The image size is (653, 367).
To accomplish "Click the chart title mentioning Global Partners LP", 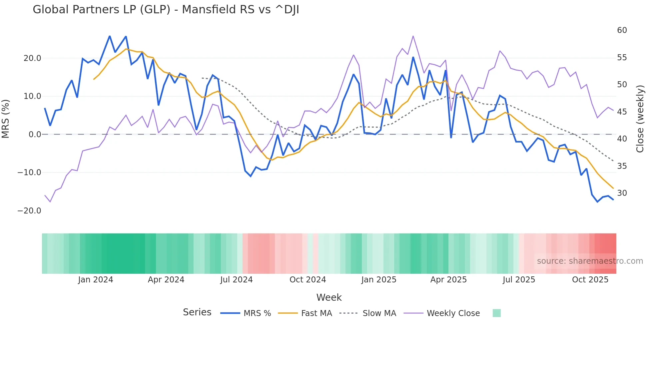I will tap(166, 9).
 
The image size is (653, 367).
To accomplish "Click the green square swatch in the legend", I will tap(496, 313).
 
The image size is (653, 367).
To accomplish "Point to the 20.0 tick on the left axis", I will tap(32, 58).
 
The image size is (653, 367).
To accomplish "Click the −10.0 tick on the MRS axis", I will tap(29, 173).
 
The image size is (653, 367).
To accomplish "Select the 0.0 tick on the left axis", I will tap(35, 135).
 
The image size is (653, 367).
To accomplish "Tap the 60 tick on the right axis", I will tap(622, 30).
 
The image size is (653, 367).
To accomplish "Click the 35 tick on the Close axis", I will tap(622, 166).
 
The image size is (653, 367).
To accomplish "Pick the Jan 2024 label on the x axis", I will tap(96, 280).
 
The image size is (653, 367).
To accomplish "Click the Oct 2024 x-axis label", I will tap(308, 280).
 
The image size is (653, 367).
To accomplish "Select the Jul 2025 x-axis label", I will tap(519, 280).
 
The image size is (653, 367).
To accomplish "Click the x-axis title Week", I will tap(329, 297).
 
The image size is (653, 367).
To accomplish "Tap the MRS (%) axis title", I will tap(6, 119).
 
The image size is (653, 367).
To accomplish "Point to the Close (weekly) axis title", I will tap(640, 119).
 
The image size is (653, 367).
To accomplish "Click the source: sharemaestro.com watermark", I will tap(590, 261).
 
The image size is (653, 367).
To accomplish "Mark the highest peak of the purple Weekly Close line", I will tap(413, 36).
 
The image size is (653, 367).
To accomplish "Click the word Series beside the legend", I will tap(197, 312).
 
